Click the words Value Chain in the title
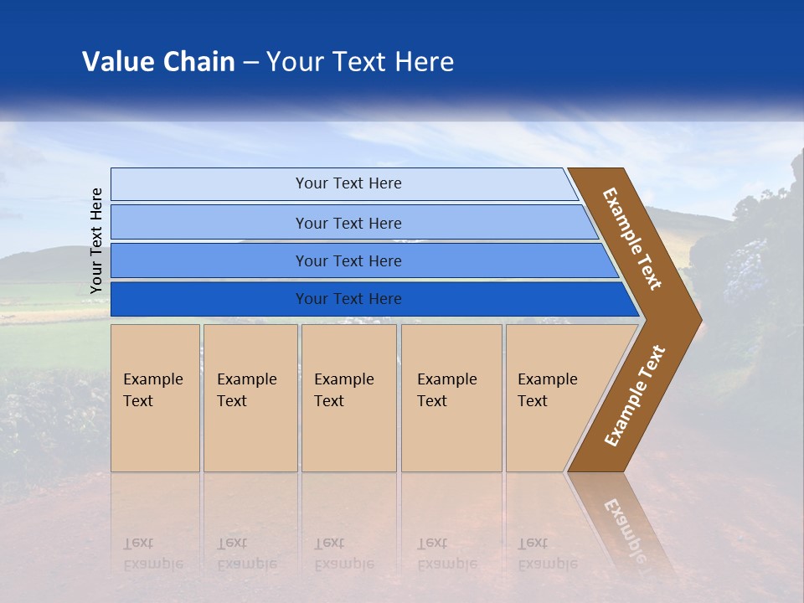(158, 62)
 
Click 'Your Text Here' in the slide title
(360, 62)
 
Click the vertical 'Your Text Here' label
(96, 240)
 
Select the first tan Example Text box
(155, 398)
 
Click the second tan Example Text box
(250, 398)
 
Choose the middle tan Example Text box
(348, 398)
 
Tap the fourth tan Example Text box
(451, 398)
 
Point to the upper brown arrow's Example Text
(632, 239)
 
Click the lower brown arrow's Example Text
(634, 395)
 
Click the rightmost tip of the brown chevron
(699, 319)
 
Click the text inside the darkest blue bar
(348, 299)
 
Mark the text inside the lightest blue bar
(348, 183)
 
